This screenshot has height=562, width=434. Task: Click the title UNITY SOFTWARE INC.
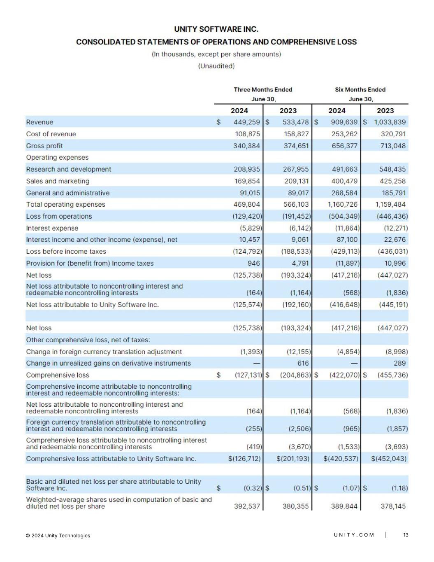[x=216, y=29]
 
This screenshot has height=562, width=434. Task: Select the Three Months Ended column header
[x=263, y=90]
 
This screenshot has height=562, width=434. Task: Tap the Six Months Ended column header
[x=360, y=90]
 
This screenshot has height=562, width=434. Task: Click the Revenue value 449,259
[x=246, y=122]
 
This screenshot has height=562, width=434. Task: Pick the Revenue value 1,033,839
[x=390, y=122]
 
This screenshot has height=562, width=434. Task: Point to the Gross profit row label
[x=44, y=146]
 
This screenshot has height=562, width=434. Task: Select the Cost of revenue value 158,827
[x=296, y=134]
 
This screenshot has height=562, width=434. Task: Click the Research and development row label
[x=68, y=169]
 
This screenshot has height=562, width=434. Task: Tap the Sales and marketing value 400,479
[x=344, y=181]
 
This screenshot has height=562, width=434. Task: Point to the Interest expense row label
[x=52, y=228]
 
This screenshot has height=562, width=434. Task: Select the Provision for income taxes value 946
[x=254, y=264]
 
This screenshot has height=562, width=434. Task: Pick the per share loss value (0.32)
[x=253, y=488]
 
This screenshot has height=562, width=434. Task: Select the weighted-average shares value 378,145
[x=393, y=506]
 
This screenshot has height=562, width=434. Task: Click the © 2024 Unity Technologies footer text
[x=58, y=536]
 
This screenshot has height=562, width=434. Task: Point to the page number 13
[x=406, y=535]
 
